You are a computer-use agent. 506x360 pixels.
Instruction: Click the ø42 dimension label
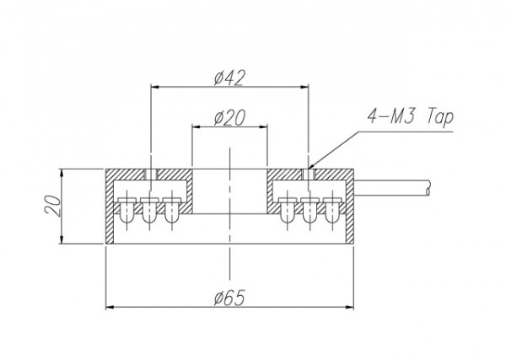(229, 78)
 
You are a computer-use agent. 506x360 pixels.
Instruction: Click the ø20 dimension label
(229, 117)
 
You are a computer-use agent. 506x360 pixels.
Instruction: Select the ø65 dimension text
(229, 298)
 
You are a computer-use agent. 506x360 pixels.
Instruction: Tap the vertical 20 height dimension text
(53, 206)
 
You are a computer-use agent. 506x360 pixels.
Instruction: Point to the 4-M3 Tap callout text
(411, 117)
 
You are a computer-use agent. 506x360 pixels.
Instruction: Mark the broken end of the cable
(428, 188)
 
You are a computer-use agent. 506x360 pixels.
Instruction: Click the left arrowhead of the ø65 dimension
(110, 306)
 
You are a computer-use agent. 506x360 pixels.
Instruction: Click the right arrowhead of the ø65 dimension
(349, 306)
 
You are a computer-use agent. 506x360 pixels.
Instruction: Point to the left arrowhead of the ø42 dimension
(155, 87)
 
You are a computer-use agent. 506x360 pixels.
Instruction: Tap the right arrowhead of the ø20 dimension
(263, 126)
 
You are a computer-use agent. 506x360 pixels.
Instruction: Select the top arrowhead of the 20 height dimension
(62, 173)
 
